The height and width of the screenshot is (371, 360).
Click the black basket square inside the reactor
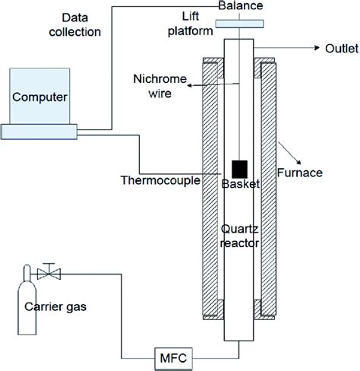click(239, 169)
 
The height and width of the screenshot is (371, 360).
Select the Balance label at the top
click(239, 6)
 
